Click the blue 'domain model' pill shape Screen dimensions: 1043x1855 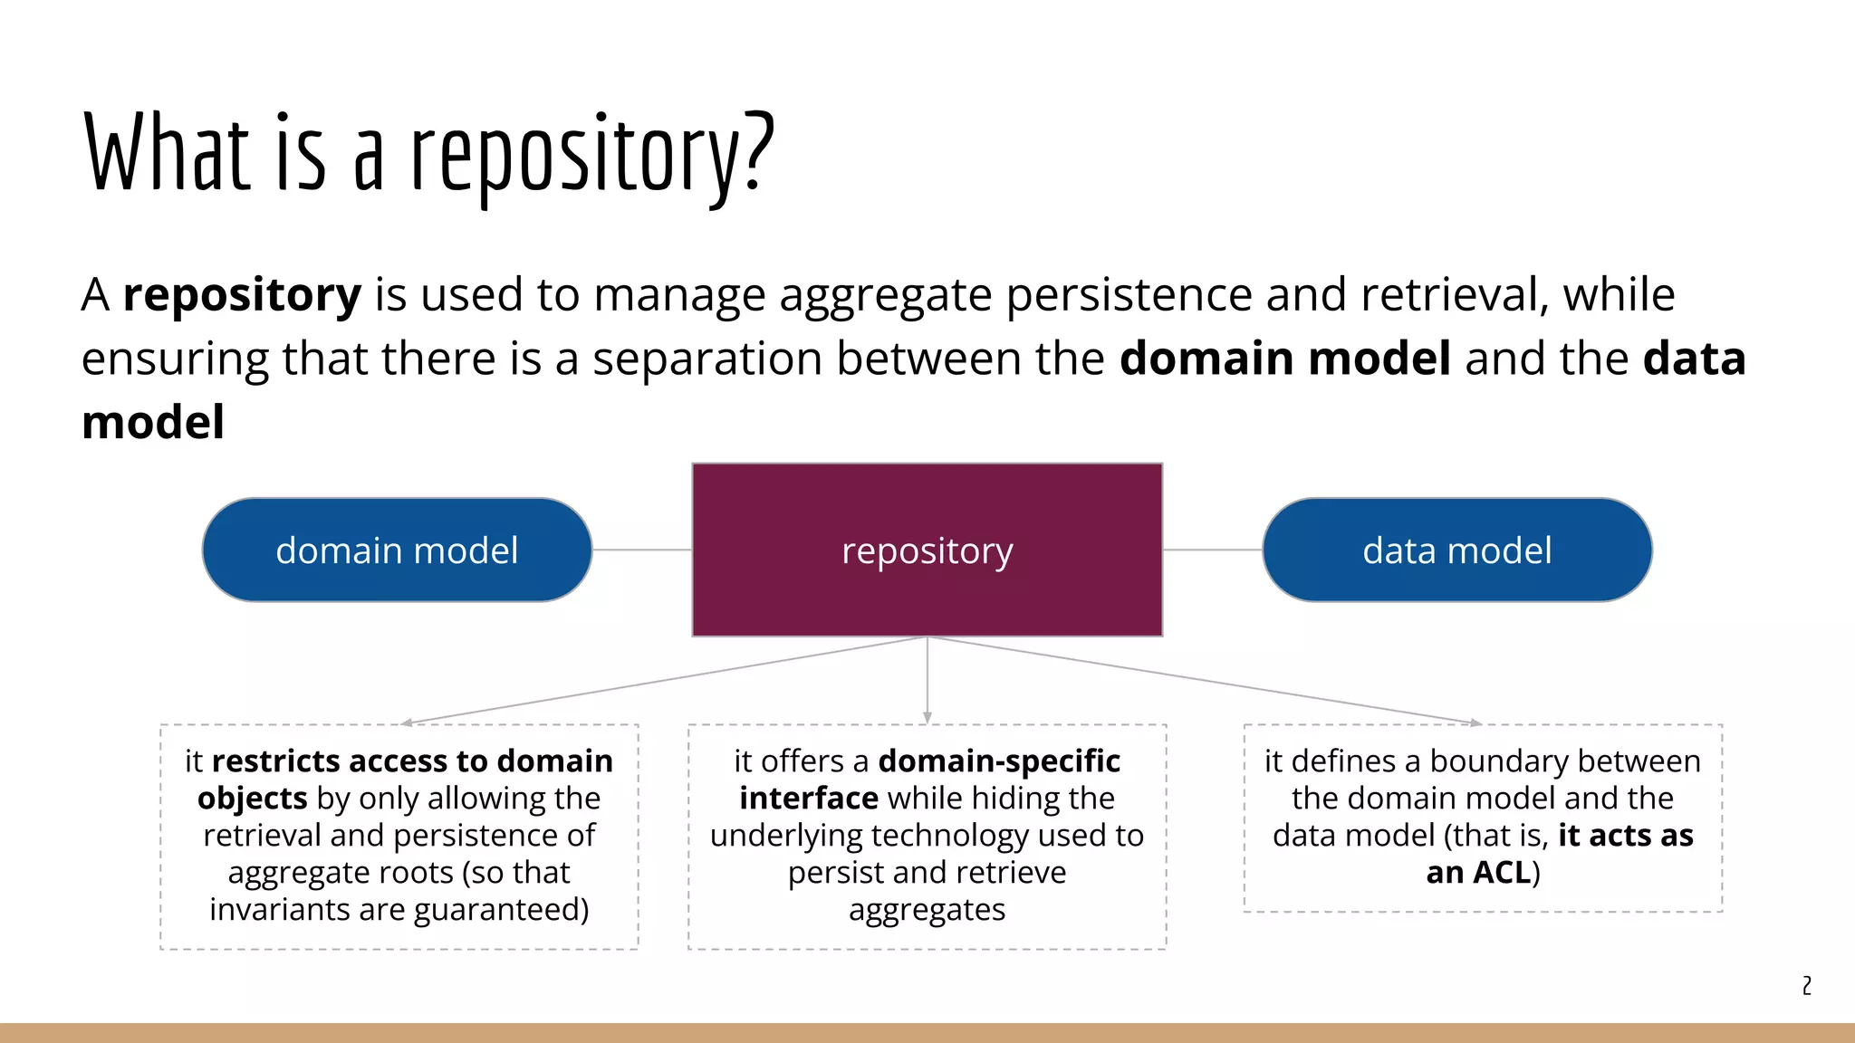(x=397, y=550)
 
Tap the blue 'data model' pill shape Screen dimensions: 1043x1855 (x=1456, y=550)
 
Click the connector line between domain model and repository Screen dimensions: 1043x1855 (x=641, y=550)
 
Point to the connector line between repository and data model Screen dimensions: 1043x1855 (x=1212, y=550)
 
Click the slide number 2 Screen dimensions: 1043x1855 (x=1806, y=985)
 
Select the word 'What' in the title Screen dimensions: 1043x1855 (x=167, y=152)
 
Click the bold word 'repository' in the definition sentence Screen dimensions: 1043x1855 (x=242, y=295)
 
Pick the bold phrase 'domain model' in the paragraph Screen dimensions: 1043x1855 (x=1284, y=359)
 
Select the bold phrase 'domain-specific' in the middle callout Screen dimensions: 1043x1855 (x=999, y=761)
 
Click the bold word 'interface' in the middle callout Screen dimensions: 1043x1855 (x=808, y=799)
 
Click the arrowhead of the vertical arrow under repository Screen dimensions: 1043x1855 (x=927, y=718)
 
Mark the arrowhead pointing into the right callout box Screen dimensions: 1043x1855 (x=1475, y=722)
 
